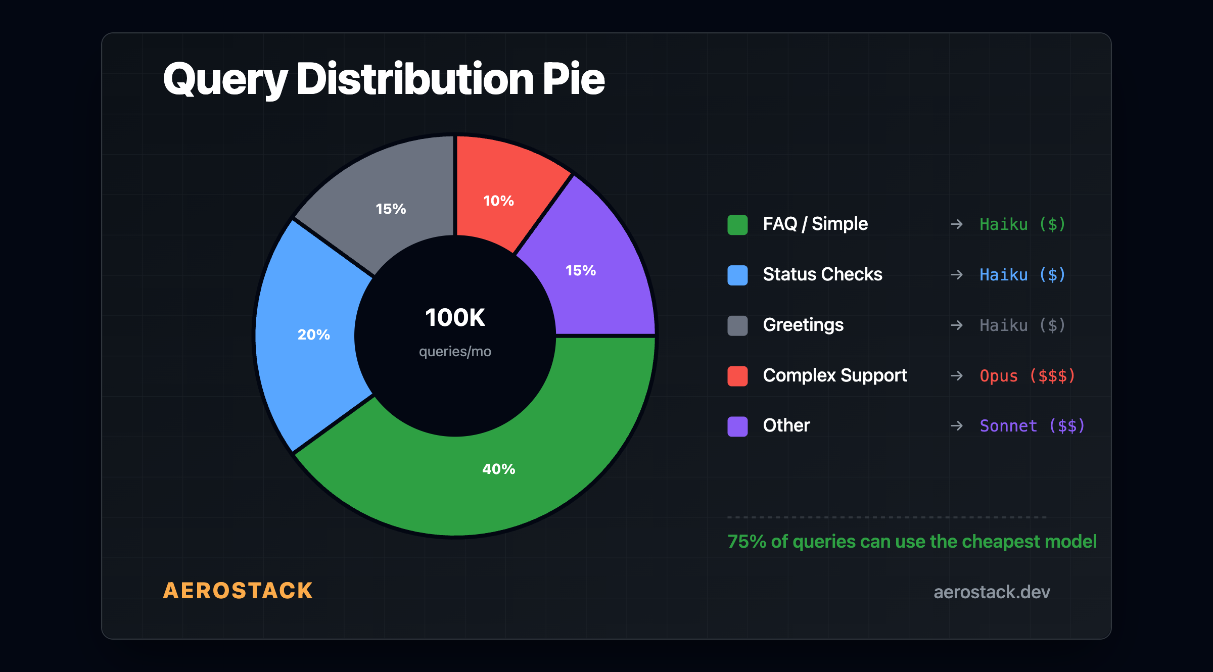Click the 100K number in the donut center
(455, 318)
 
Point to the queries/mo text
(455, 351)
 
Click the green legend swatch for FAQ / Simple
(737, 225)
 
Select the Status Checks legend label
(822, 274)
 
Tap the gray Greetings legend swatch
(737, 325)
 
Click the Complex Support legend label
(835, 375)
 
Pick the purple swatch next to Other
(737, 426)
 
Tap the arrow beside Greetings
(956, 325)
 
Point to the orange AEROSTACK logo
(238, 591)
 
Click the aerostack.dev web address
(992, 592)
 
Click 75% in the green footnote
(747, 542)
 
